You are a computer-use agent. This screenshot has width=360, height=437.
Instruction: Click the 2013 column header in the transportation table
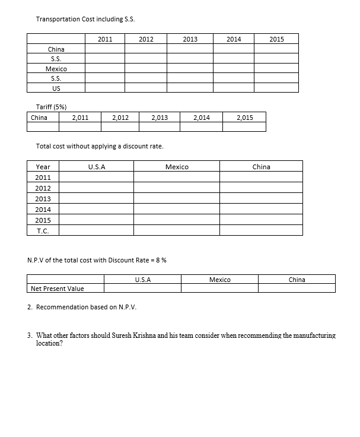(x=190, y=39)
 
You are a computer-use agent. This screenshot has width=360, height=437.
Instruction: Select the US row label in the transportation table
(x=56, y=88)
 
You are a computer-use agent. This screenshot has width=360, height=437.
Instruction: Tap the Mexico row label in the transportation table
(x=56, y=68)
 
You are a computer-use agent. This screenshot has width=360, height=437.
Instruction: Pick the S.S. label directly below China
(x=56, y=59)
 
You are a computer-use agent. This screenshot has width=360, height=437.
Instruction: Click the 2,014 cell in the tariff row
(x=202, y=118)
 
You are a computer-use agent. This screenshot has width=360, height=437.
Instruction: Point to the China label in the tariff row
(x=39, y=118)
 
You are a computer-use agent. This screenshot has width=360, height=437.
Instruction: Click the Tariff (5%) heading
(x=51, y=107)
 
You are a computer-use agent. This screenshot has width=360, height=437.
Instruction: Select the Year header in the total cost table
(x=43, y=167)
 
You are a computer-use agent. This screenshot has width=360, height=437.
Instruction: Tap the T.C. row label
(x=43, y=231)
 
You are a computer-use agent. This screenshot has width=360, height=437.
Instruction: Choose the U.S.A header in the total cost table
(x=96, y=167)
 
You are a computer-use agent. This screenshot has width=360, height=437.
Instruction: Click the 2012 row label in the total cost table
(x=43, y=188)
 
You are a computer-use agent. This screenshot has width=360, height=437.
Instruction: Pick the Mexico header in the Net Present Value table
(x=219, y=280)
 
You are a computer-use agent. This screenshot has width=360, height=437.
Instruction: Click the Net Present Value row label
(x=57, y=289)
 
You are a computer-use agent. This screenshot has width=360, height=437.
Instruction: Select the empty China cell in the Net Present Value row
(x=297, y=289)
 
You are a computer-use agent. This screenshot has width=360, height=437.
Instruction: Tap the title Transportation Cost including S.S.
(x=85, y=19)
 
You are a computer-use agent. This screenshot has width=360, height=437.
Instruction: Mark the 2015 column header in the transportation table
(x=276, y=39)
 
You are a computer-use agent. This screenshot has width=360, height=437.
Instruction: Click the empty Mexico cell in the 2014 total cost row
(x=177, y=210)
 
